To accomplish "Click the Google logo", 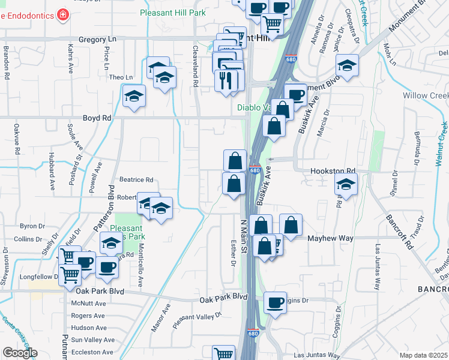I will point(20,353).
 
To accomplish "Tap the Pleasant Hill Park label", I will point(172,13).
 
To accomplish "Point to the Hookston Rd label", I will point(333,171).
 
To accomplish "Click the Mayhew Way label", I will point(330,238).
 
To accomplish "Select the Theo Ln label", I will point(120,77).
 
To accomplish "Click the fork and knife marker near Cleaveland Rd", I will point(226,80).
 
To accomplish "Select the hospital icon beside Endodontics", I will point(62,14).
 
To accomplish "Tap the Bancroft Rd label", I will point(400,232).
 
